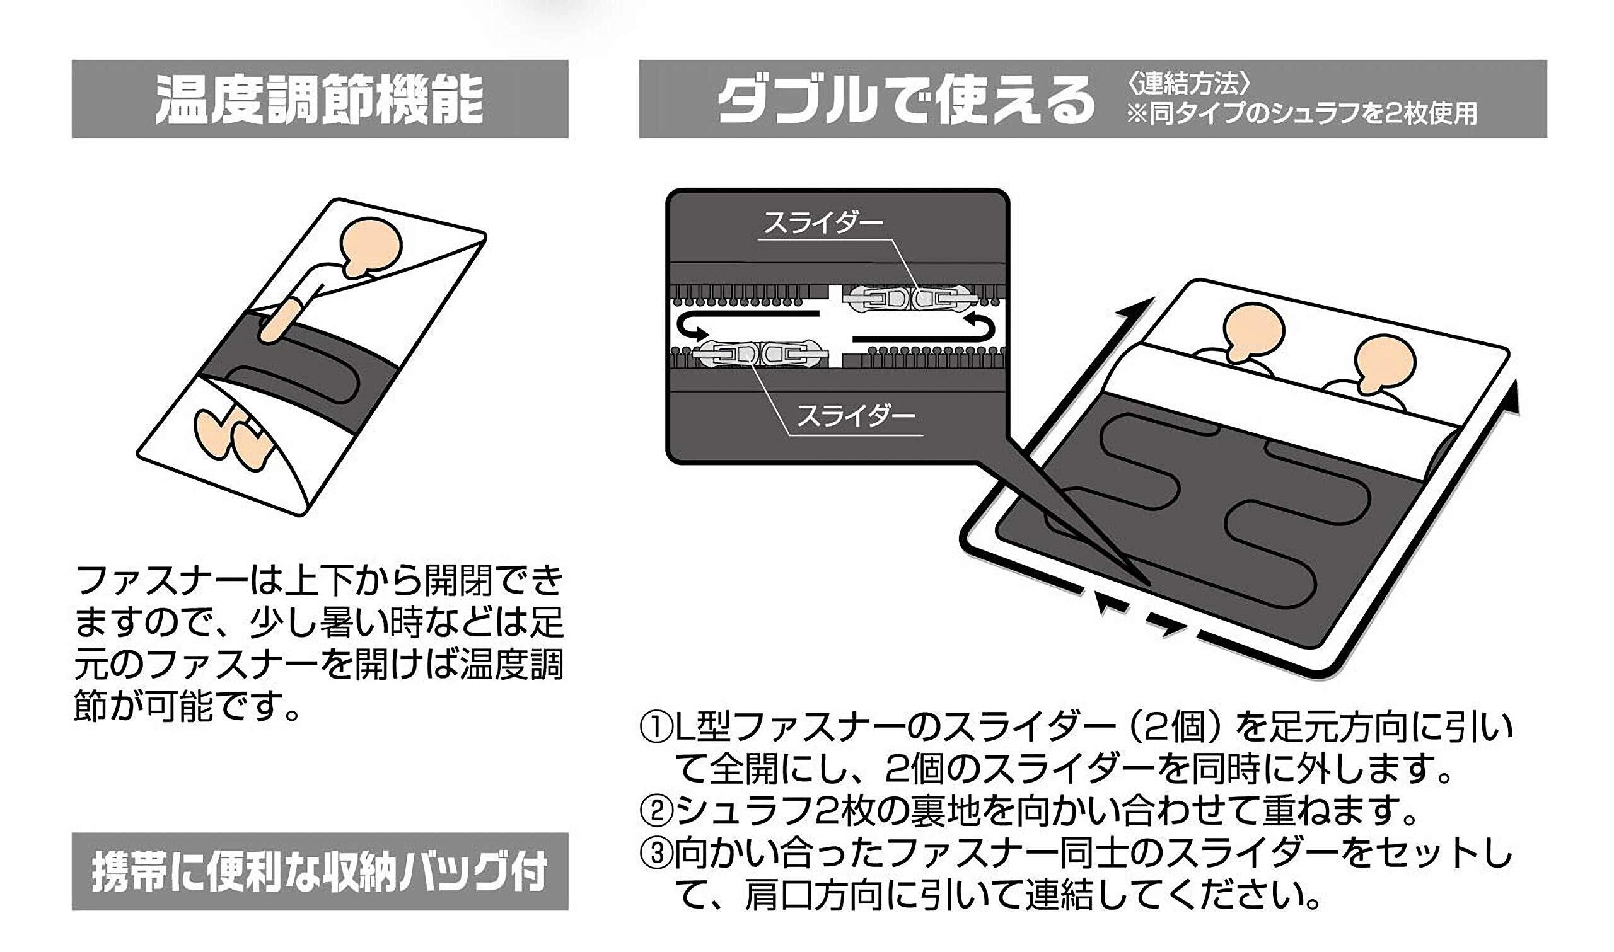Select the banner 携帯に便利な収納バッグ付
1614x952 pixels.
pyautogui.click(x=319, y=872)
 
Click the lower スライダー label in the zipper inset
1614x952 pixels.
pyautogui.click(x=856, y=417)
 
